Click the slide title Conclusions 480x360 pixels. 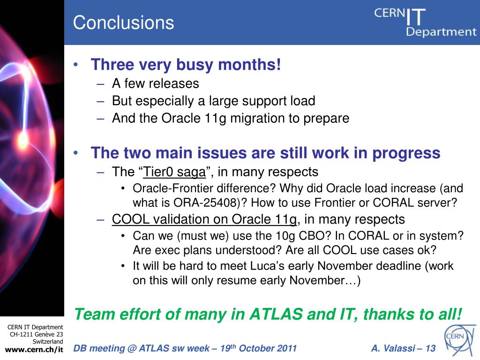[x=123, y=22]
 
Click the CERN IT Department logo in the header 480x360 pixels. [x=425, y=22]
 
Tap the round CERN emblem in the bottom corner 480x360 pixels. [x=460, y=340]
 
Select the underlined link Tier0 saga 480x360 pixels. [x=174, y=172]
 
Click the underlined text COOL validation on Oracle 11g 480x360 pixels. [x=204, y=219]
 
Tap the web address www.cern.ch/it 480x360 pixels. [x=34, y=350]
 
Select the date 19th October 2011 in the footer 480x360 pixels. [x=258, y=348]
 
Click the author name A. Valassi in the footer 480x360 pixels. [x=393, y=348]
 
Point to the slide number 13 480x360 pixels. [x=430, y=348]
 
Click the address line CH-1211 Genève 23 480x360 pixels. [x=37, y=334]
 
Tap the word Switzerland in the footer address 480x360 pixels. [x=48, y=341]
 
